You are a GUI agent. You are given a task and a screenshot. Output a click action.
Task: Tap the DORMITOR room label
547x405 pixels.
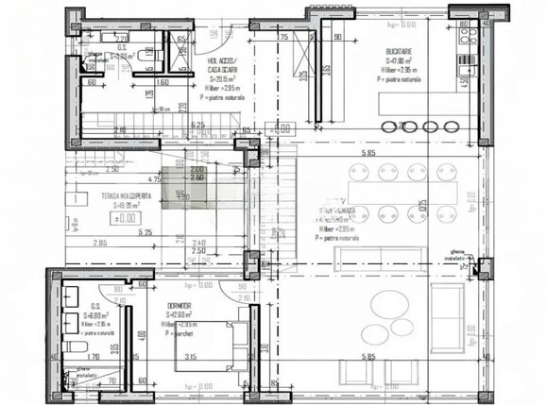[x=178, y=306]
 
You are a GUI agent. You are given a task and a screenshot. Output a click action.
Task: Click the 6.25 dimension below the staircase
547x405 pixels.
[x=197, y=125]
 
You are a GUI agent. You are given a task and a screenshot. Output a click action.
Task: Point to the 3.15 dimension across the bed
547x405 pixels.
[x=190, y=356]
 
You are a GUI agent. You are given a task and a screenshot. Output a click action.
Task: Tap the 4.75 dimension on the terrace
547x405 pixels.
[x=154, y=177]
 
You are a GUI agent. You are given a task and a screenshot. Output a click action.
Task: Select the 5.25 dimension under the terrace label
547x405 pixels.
[x=145, y=231]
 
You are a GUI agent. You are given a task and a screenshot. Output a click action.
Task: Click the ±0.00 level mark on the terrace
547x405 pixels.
[x=123, y=218]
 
